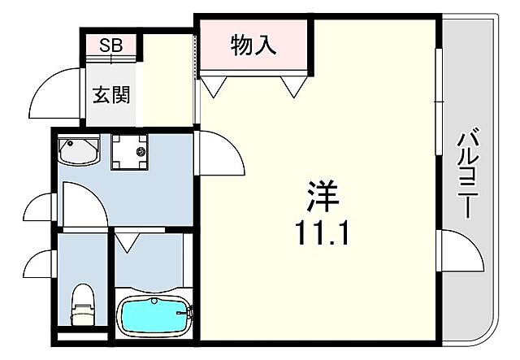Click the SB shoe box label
click(x=111, y=45)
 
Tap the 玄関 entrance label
click(x=111, y=94)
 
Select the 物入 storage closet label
click(x=253, y=46)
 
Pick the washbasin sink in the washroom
click(x=79, y=151)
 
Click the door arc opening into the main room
click(x=219, y=154)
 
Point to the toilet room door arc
click(x=40, y=265)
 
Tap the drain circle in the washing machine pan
click(x=141, y=151)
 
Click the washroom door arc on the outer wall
click(x=41, y=209)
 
